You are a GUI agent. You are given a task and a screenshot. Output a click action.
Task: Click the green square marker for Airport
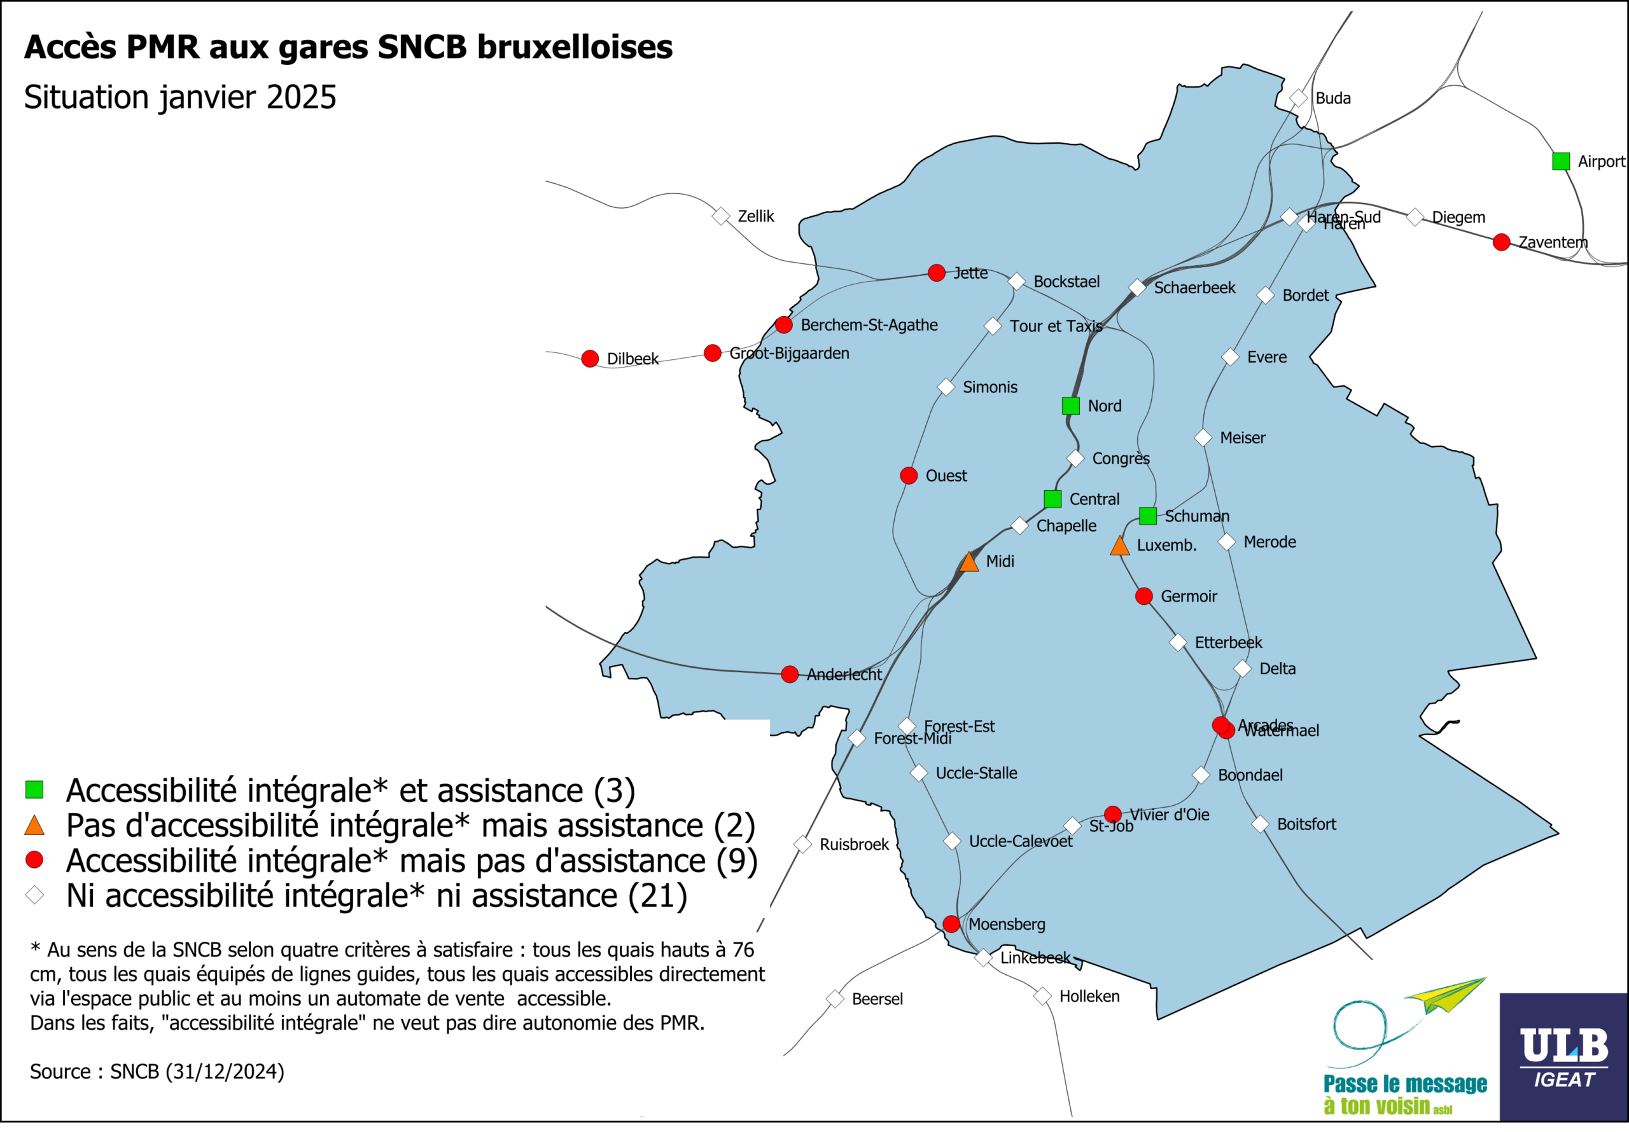point(1560,162)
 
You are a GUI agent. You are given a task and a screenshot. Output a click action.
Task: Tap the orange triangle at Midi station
point(969,563)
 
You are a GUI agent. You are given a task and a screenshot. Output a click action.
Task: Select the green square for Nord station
point(1071,406)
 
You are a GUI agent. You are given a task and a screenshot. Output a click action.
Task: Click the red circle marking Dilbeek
point(590,359)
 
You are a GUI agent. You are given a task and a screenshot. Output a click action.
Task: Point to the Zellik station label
point(755,216)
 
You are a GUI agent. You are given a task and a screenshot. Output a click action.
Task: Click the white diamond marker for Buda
point(1297,98)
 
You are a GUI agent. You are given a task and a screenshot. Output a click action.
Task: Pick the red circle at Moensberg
point(951,924)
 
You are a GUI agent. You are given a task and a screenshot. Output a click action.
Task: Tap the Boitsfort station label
point(1306,824)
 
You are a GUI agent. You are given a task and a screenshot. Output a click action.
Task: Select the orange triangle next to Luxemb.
point(1119,546)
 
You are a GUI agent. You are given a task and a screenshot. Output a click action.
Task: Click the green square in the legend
point(34,790)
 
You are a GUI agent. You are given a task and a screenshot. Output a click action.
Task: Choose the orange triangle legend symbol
point(34,825)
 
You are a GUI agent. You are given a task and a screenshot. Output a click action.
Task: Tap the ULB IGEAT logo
point(1563,1057)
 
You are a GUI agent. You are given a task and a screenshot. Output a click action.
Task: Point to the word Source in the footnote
point(60,1072)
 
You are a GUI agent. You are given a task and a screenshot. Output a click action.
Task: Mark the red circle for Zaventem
point(1501,242)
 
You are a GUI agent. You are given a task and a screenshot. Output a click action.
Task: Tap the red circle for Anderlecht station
point(790,675)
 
